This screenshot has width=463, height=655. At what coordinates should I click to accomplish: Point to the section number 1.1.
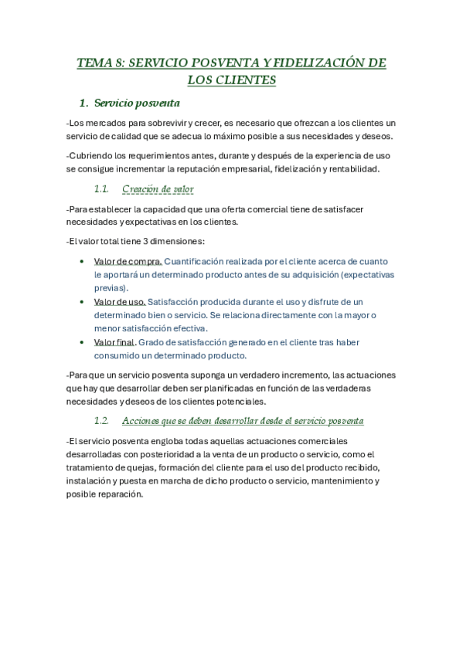click(102, 189)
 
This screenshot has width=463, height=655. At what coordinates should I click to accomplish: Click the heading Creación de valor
click(158, 189)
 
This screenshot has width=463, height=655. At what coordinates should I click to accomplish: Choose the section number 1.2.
click(102, 421)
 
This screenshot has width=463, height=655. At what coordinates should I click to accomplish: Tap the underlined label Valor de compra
click(128, 261)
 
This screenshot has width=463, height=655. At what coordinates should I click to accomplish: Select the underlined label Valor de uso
click(119, 302)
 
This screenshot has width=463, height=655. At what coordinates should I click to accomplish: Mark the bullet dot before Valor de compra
click(82, 262)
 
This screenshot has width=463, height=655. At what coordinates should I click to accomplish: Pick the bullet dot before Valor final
click(82, 343)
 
